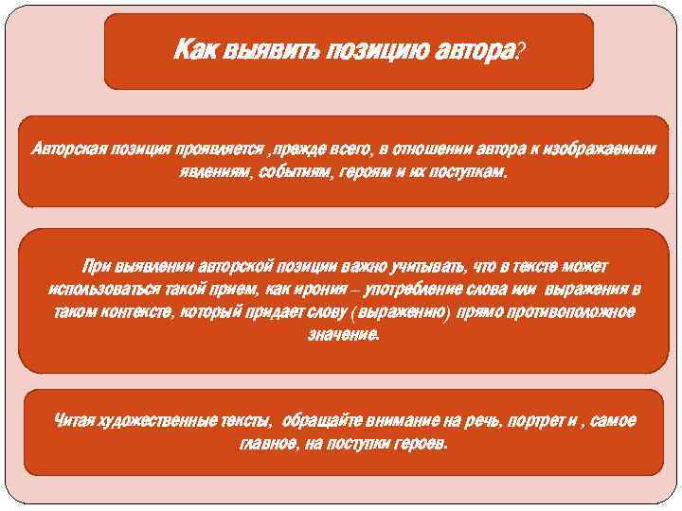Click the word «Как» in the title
pos(195,50)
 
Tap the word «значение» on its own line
pos(342,336)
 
